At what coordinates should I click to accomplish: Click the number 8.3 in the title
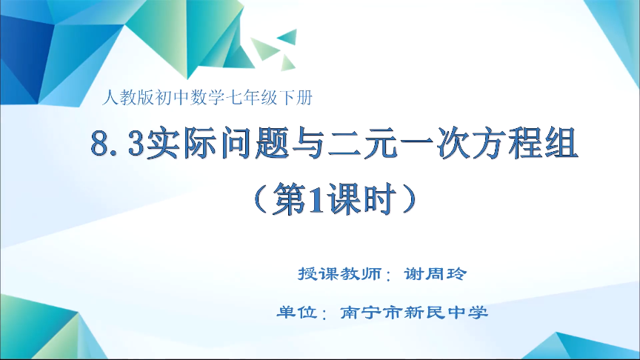pyautogui.click(x=117, y=144)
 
